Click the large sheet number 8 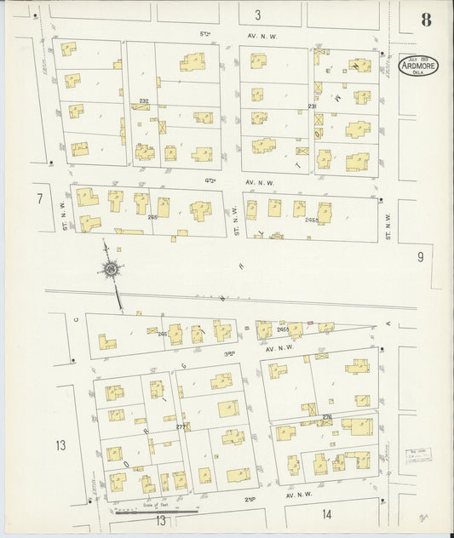426,21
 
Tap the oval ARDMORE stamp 417,66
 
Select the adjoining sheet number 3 256,14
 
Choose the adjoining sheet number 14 327,514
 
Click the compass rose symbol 111,271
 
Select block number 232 144,101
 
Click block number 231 312,106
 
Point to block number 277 181,426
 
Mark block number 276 326,415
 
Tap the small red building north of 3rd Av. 309,323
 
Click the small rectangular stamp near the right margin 417,454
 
